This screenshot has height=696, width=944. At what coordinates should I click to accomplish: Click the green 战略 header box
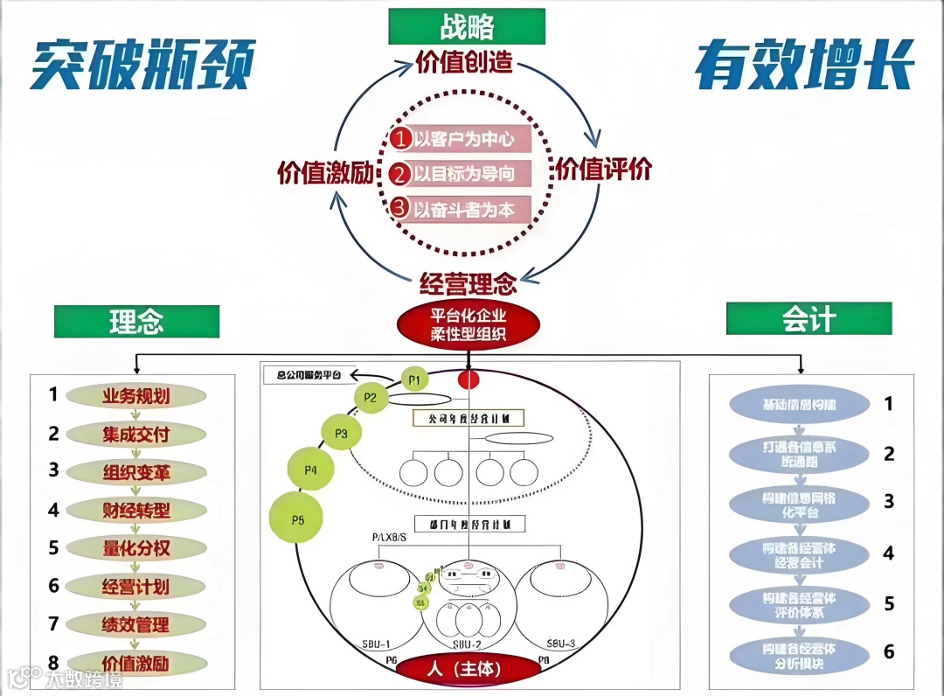point(467,26)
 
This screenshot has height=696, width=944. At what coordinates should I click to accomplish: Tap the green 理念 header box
point(136,321)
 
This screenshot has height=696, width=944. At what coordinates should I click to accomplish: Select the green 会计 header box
point(809,319)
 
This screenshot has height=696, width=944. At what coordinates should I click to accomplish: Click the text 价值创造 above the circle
point(463,64)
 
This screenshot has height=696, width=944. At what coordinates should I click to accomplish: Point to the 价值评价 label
point(604,169)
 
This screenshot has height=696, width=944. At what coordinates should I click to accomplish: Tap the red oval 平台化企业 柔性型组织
point(469,324)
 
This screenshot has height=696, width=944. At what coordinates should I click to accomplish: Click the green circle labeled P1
point(415,379)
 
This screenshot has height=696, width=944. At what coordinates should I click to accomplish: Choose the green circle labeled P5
point(296,520)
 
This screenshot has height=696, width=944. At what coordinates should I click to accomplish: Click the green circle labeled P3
point(341,432)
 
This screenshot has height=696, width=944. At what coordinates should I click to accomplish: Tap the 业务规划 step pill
point(135,396)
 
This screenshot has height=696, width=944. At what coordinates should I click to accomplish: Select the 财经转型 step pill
point(135,510)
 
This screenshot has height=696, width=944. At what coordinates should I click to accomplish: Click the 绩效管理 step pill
point(135,624)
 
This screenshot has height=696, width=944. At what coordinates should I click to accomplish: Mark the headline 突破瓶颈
point(142,66)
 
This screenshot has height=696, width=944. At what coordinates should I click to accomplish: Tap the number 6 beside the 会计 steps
point(889,651)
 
